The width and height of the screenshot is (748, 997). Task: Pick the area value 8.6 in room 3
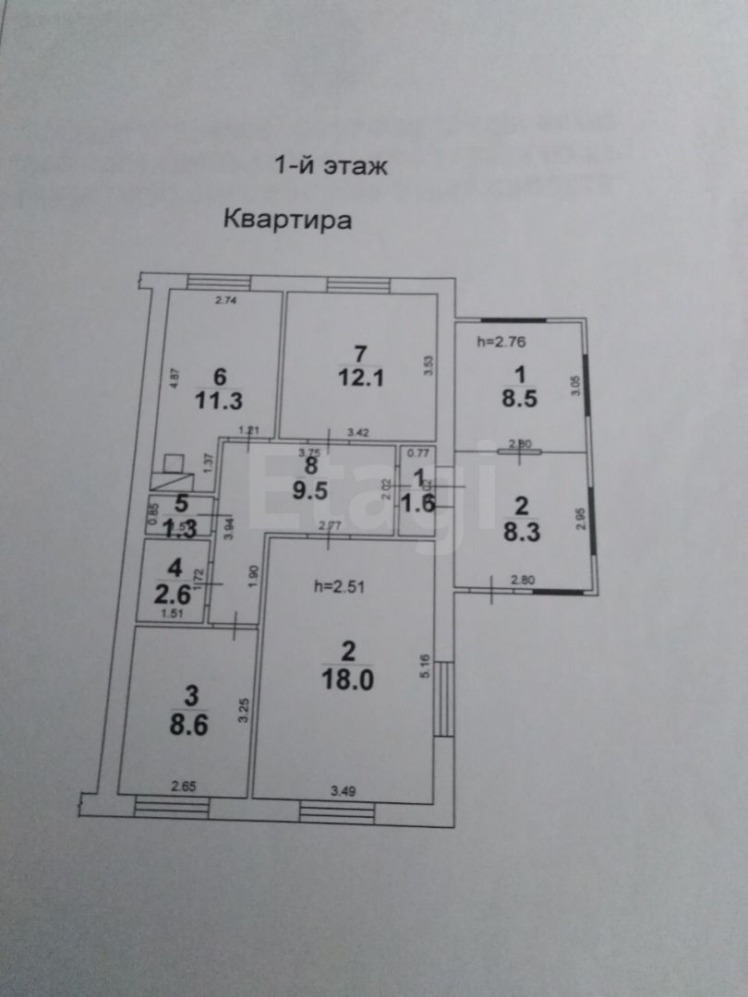click(x=187, y=723)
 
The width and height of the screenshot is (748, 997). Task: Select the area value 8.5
click(x=517, y=399)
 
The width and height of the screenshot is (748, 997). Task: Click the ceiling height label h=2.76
click(x=501, y=342)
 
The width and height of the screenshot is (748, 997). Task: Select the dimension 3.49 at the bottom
click(x=344, y=790)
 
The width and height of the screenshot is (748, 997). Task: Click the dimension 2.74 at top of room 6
click(x=226, y=300)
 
